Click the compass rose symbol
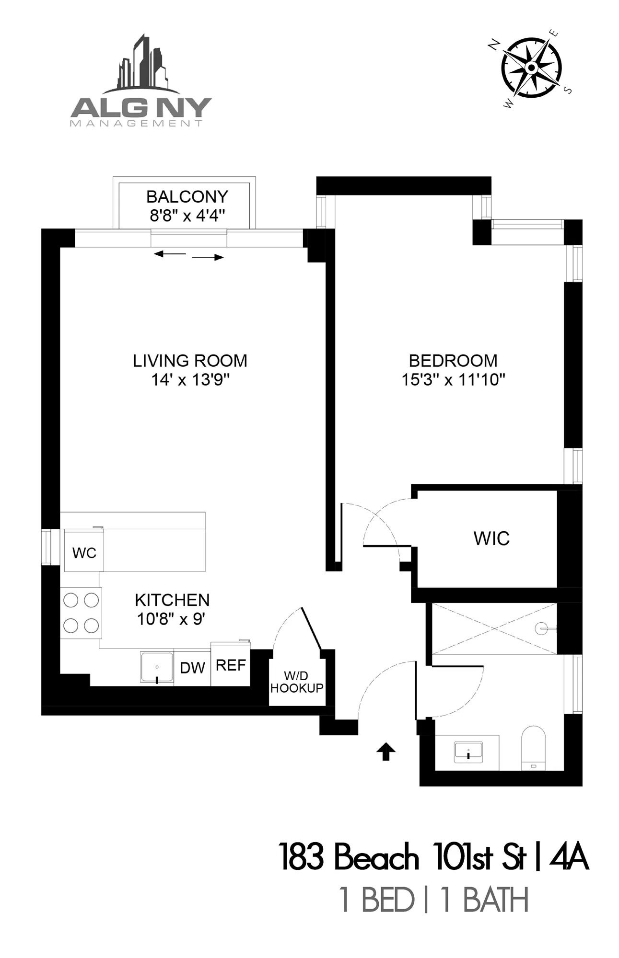(x=531, y=68)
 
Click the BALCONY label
(x=187, y=196)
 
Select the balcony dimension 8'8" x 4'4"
(x=187, y=216)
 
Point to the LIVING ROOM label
(x=190, y=361)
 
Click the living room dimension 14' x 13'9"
(x=190, y=380)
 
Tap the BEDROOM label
(x=453, y=361)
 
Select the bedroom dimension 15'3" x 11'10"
(x=453, y=380)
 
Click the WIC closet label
(x=491, y=538)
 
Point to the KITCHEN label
(x=172, y=600)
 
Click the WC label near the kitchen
(x=84, y=553)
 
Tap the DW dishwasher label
(x=192, y=668)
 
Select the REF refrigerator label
(x=231, y=665)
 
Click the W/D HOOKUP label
(x=296, y=682)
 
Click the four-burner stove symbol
(x=81, y=613)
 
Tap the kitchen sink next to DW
(x=157, y=667)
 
